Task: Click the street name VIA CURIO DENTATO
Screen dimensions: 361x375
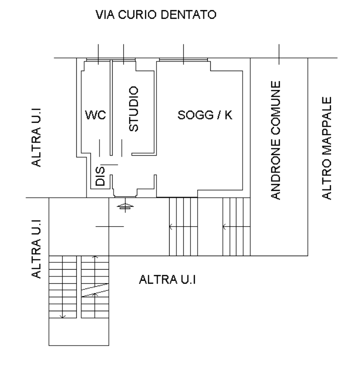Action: (156, 14)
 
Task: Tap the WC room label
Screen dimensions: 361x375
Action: (95, 115)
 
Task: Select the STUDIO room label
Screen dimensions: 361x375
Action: (133, 109)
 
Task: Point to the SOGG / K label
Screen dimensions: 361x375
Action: (205, 115)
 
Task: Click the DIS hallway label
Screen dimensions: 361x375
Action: (100, 176)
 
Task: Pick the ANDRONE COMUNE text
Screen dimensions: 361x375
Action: (275, 140)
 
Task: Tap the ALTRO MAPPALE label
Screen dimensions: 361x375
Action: (327, 148)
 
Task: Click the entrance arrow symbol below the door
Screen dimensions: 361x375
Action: (125, 207)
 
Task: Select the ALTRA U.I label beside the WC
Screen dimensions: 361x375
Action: (36, 138)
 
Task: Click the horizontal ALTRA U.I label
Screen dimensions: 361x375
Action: (167, 279)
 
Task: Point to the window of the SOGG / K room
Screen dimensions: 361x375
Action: (183, 59)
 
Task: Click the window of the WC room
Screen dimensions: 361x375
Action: (98, 59)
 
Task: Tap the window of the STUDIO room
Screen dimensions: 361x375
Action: (124, 59)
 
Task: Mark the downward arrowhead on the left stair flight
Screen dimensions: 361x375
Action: (63, 317)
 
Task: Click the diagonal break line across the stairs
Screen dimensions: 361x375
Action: (95, 290)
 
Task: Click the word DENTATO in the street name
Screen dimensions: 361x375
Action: (188, 14)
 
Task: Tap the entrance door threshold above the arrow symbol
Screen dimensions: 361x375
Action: (125, 197)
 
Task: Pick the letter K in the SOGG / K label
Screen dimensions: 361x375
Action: (229, 115)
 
